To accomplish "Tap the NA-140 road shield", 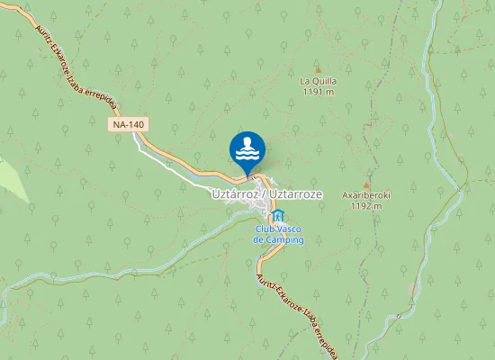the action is [x=130, y=125].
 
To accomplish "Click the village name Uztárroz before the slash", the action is [x=236, y=193].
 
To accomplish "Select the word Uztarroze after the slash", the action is [x=295, y=193].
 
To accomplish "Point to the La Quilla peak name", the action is [x=318, y=80].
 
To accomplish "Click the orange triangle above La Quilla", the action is [x=318, y=68].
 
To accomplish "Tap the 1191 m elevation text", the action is [x=318, y=91].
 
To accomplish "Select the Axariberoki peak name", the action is [x=365, y=194].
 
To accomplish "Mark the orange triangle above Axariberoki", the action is [x=365, y=183].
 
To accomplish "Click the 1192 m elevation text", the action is [x=365, y=205].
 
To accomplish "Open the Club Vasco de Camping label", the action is [x=278, y=235].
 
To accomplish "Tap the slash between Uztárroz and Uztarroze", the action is [x=265, y=193].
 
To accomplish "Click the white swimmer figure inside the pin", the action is [x=247, y=146].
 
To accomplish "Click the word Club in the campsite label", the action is [x=265, y=229].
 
